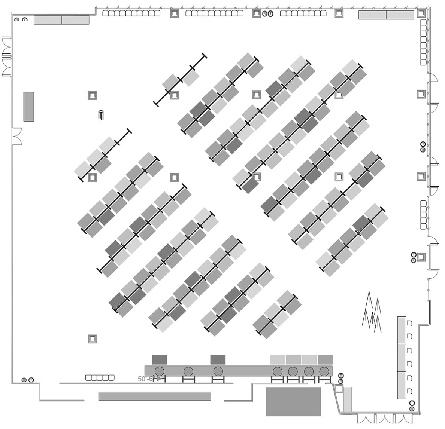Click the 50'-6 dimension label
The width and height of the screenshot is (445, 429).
(145, 379)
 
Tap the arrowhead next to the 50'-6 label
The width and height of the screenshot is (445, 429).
(159, 379)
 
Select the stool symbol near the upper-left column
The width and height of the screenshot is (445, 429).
(101, 115)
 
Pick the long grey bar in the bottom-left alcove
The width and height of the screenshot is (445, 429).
(155, 396)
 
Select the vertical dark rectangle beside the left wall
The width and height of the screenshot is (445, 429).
(29, 106)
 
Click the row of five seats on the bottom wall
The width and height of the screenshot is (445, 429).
(99, 378)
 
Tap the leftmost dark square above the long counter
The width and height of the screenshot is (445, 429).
(160, 360)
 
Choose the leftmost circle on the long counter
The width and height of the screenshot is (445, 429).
(160, 371)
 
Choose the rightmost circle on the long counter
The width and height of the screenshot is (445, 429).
(324, 371)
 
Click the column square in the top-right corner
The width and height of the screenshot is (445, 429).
(421, 12)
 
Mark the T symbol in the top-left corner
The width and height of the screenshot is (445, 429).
(25, 19)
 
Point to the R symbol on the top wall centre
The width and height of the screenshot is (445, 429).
(265, 14)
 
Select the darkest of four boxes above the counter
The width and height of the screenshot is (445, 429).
(325, 360)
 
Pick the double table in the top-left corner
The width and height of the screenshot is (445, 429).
(61, 20)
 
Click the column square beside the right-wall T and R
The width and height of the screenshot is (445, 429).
(421, 257)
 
